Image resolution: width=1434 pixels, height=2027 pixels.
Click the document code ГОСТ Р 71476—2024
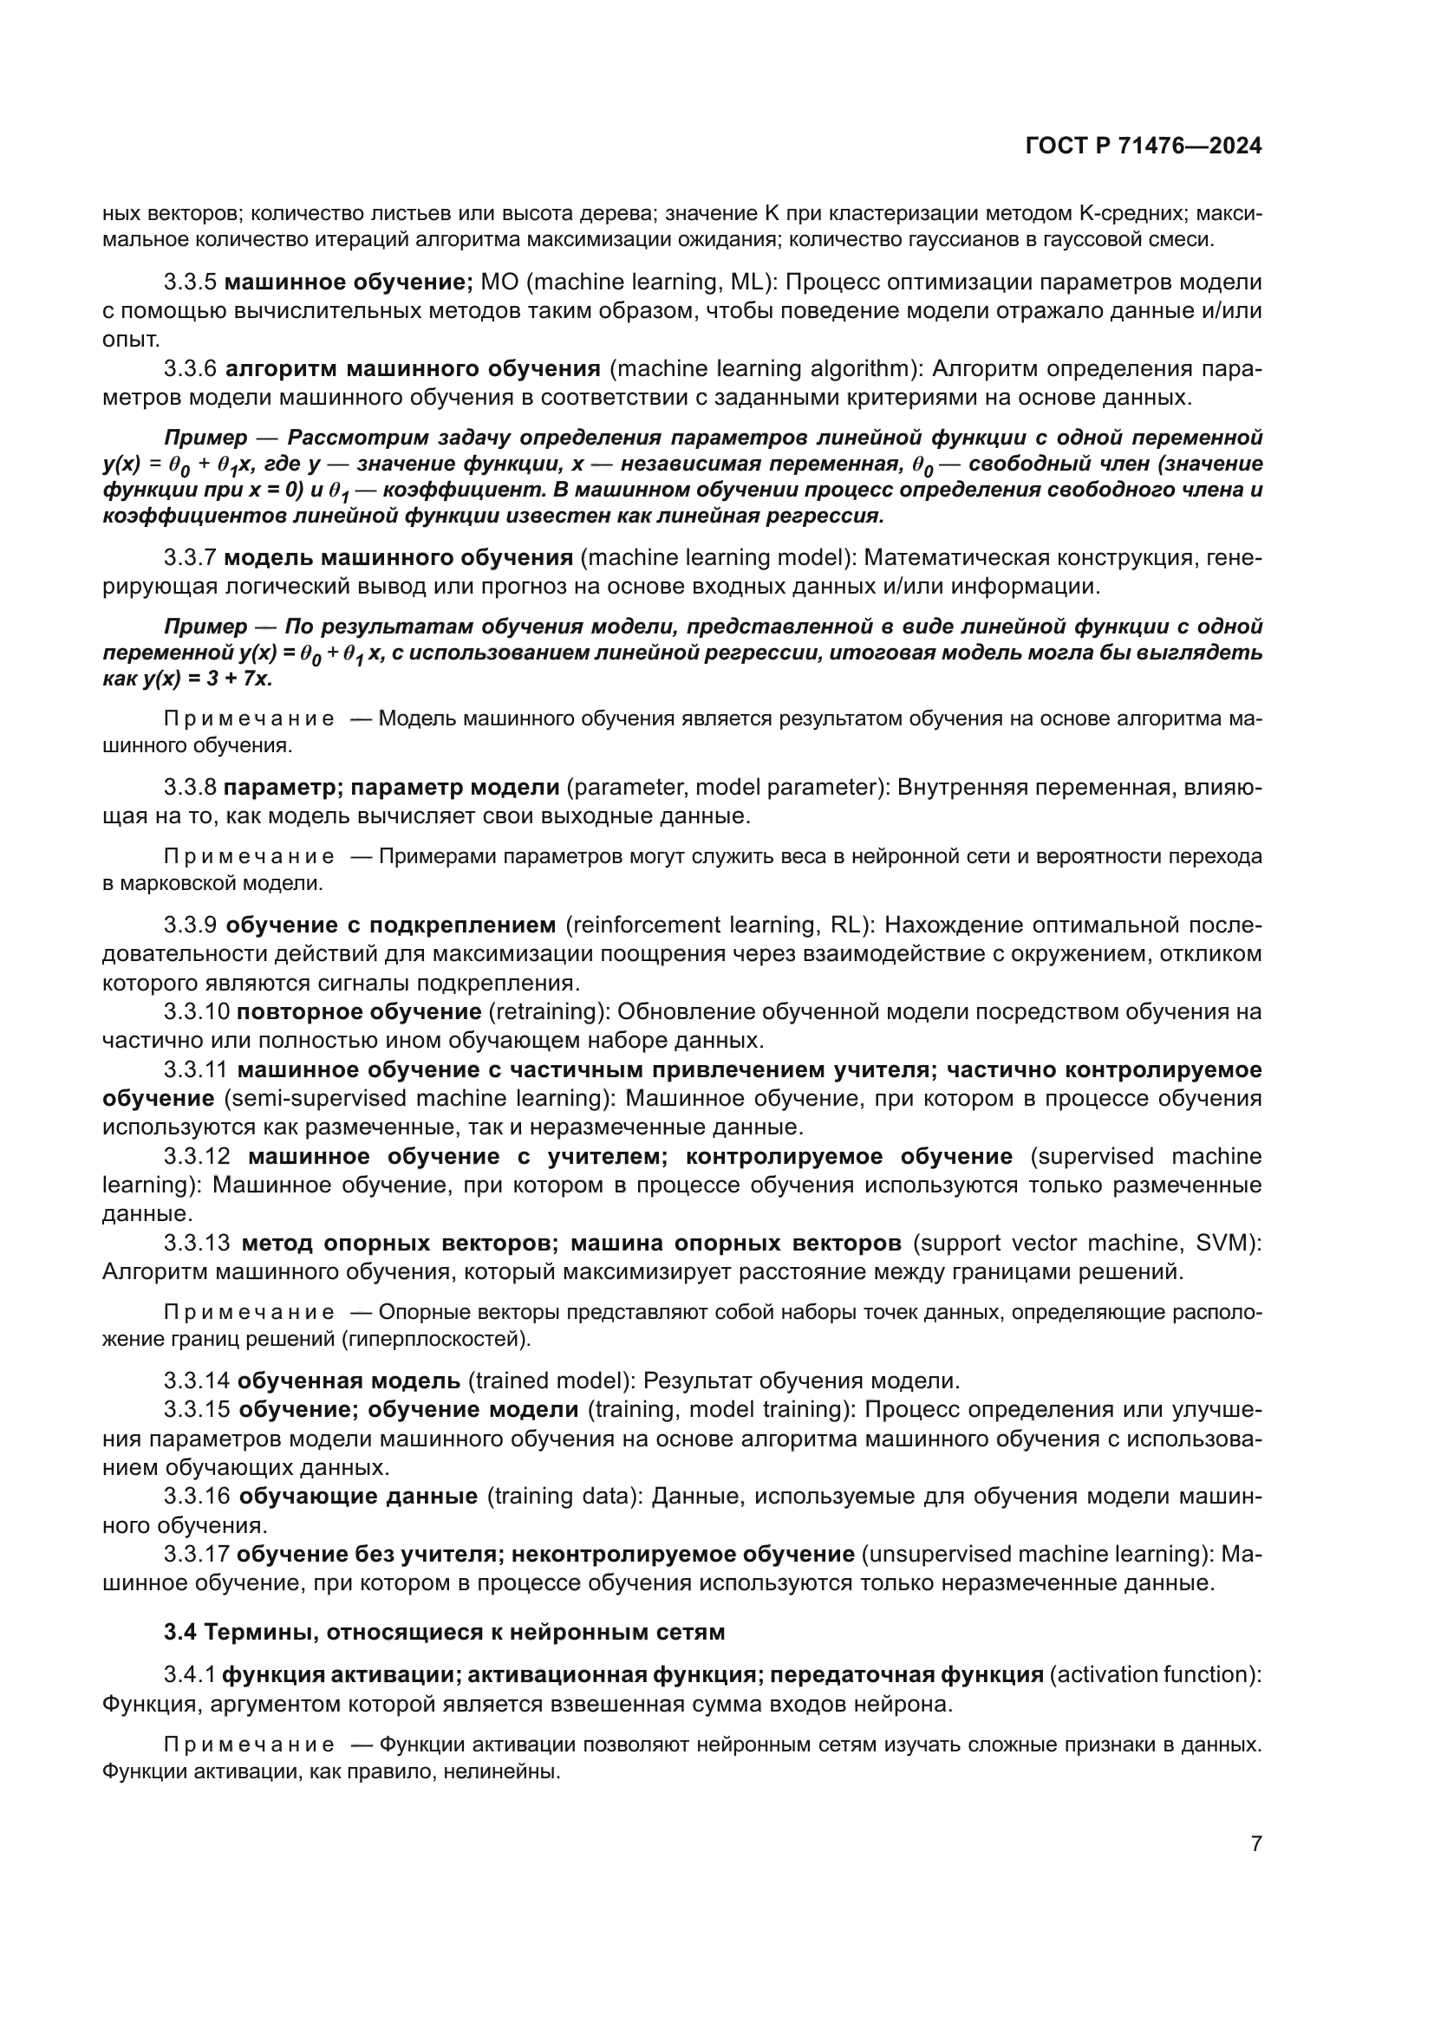pyautogui.click(x=1144, y=146)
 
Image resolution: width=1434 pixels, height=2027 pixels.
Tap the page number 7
pyautogui.click(x=1255, y=1844)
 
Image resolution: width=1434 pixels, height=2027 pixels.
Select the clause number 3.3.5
pyautogui.click(x=190, y=283)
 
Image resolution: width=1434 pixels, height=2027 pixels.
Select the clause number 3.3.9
pyautogui.click(x=190, y=926)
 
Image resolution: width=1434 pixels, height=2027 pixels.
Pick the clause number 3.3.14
pyautogui.click(x=196, y=1381)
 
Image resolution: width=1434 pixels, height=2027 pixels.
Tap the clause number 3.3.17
pyautogui.click(x=196, y=1554)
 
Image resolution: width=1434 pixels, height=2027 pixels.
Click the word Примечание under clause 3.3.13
pyautogui.click(x=249, y=1313)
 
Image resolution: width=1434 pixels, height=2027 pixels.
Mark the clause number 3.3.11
pyautogui.click(x=196, y=1070)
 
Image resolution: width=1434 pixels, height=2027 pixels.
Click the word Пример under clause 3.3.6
pyautogui.click(x=205, y=438)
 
